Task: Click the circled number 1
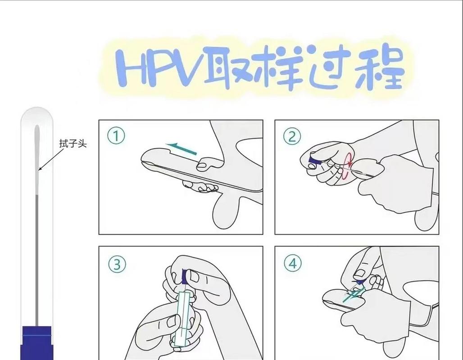(116, 135)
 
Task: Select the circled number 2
(292, 135)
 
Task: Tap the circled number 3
(116, 264)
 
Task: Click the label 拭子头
(73, 144)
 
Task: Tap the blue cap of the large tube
(37, 342)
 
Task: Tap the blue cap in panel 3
(185, 274)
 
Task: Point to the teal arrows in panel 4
(351, 295)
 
